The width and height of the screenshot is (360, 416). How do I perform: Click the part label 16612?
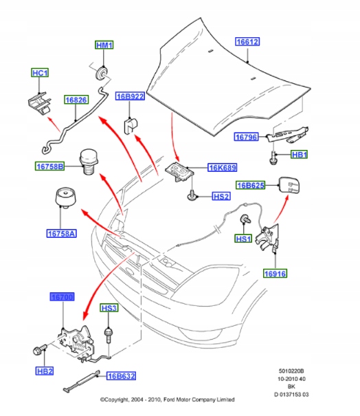coord(247,41)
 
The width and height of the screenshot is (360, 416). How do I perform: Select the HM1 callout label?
coord(104,45)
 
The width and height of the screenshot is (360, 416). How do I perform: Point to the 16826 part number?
coord(76,100)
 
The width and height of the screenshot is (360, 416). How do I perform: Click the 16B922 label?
coord(130,97)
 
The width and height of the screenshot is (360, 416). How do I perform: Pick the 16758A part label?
coord(62,233)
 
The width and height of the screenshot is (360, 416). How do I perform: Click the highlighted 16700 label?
coord(63,297)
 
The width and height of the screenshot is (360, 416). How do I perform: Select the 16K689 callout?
coord(223,167)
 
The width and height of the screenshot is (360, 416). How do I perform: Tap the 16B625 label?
coord(251,185)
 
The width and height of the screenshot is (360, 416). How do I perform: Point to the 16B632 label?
coord(121,375)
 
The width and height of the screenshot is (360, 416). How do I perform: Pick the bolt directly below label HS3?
coord(109,337)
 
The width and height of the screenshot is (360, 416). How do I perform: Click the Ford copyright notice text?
coord(167,399)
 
